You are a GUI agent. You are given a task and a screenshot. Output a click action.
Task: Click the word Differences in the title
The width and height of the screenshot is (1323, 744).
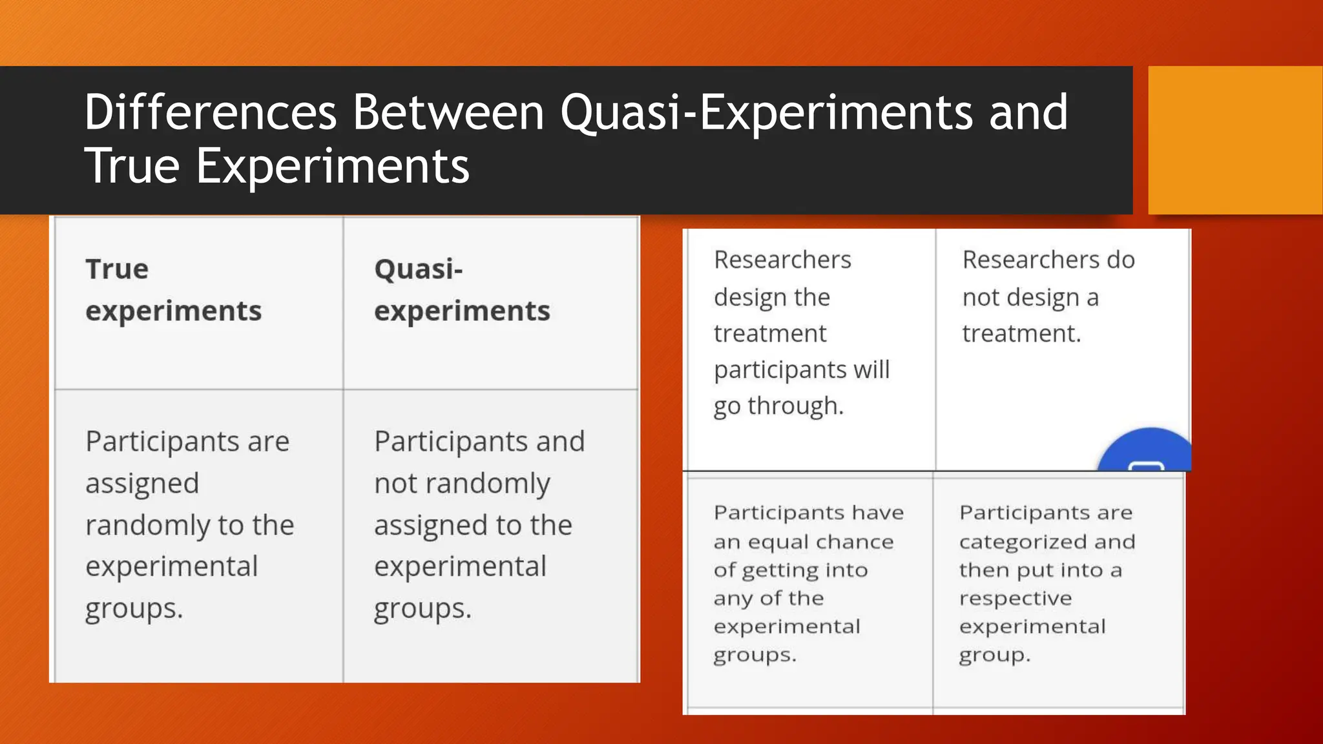tap(211, 112)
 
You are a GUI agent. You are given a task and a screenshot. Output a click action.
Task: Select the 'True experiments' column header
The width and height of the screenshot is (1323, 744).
tap(173, 289)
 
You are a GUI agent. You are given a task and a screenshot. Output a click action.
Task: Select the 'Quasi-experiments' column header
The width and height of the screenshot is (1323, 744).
tap(461, 289)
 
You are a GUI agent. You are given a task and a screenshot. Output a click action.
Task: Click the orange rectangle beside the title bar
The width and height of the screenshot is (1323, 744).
tap(1234, 140)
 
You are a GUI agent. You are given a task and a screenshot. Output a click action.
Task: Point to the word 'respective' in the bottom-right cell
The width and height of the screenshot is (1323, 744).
tap(1015, 598)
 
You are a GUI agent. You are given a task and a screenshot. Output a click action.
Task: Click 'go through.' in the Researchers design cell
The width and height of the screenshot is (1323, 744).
tap(778, 406)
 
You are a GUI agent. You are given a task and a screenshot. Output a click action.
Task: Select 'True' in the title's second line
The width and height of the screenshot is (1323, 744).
tap(132, 166)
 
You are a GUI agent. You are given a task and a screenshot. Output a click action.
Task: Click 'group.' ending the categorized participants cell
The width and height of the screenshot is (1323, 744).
tap(994, 655)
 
